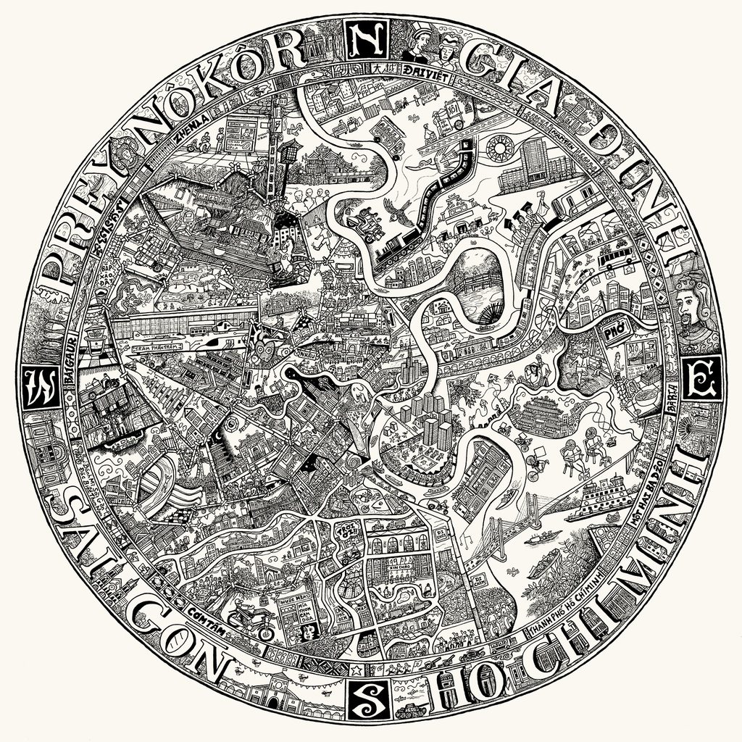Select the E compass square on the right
[700, 378]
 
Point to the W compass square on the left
[40, 389]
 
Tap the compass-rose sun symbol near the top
[500, 148]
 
